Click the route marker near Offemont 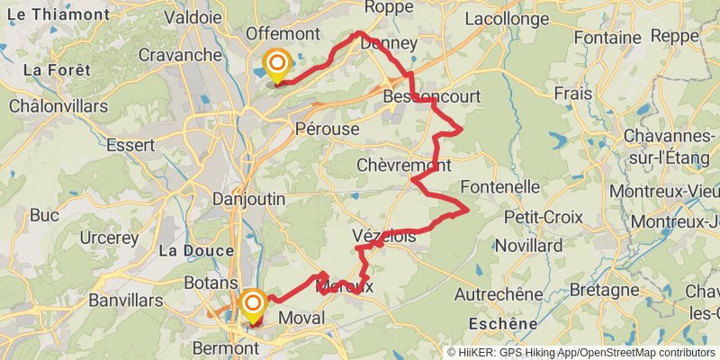click(x=276, y=64)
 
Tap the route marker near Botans click(x=252, y=303)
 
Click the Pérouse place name click(x=327, y=129)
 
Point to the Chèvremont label click(x=403, y=166)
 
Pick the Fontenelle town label click(x=499, y=187)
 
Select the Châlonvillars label click(x=58, y=105)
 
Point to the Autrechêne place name click(x=499, y=294)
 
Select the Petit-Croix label click(x=543, y=217)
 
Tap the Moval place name click(x=301, y=318)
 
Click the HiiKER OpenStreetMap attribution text click(x=582, y=352)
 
